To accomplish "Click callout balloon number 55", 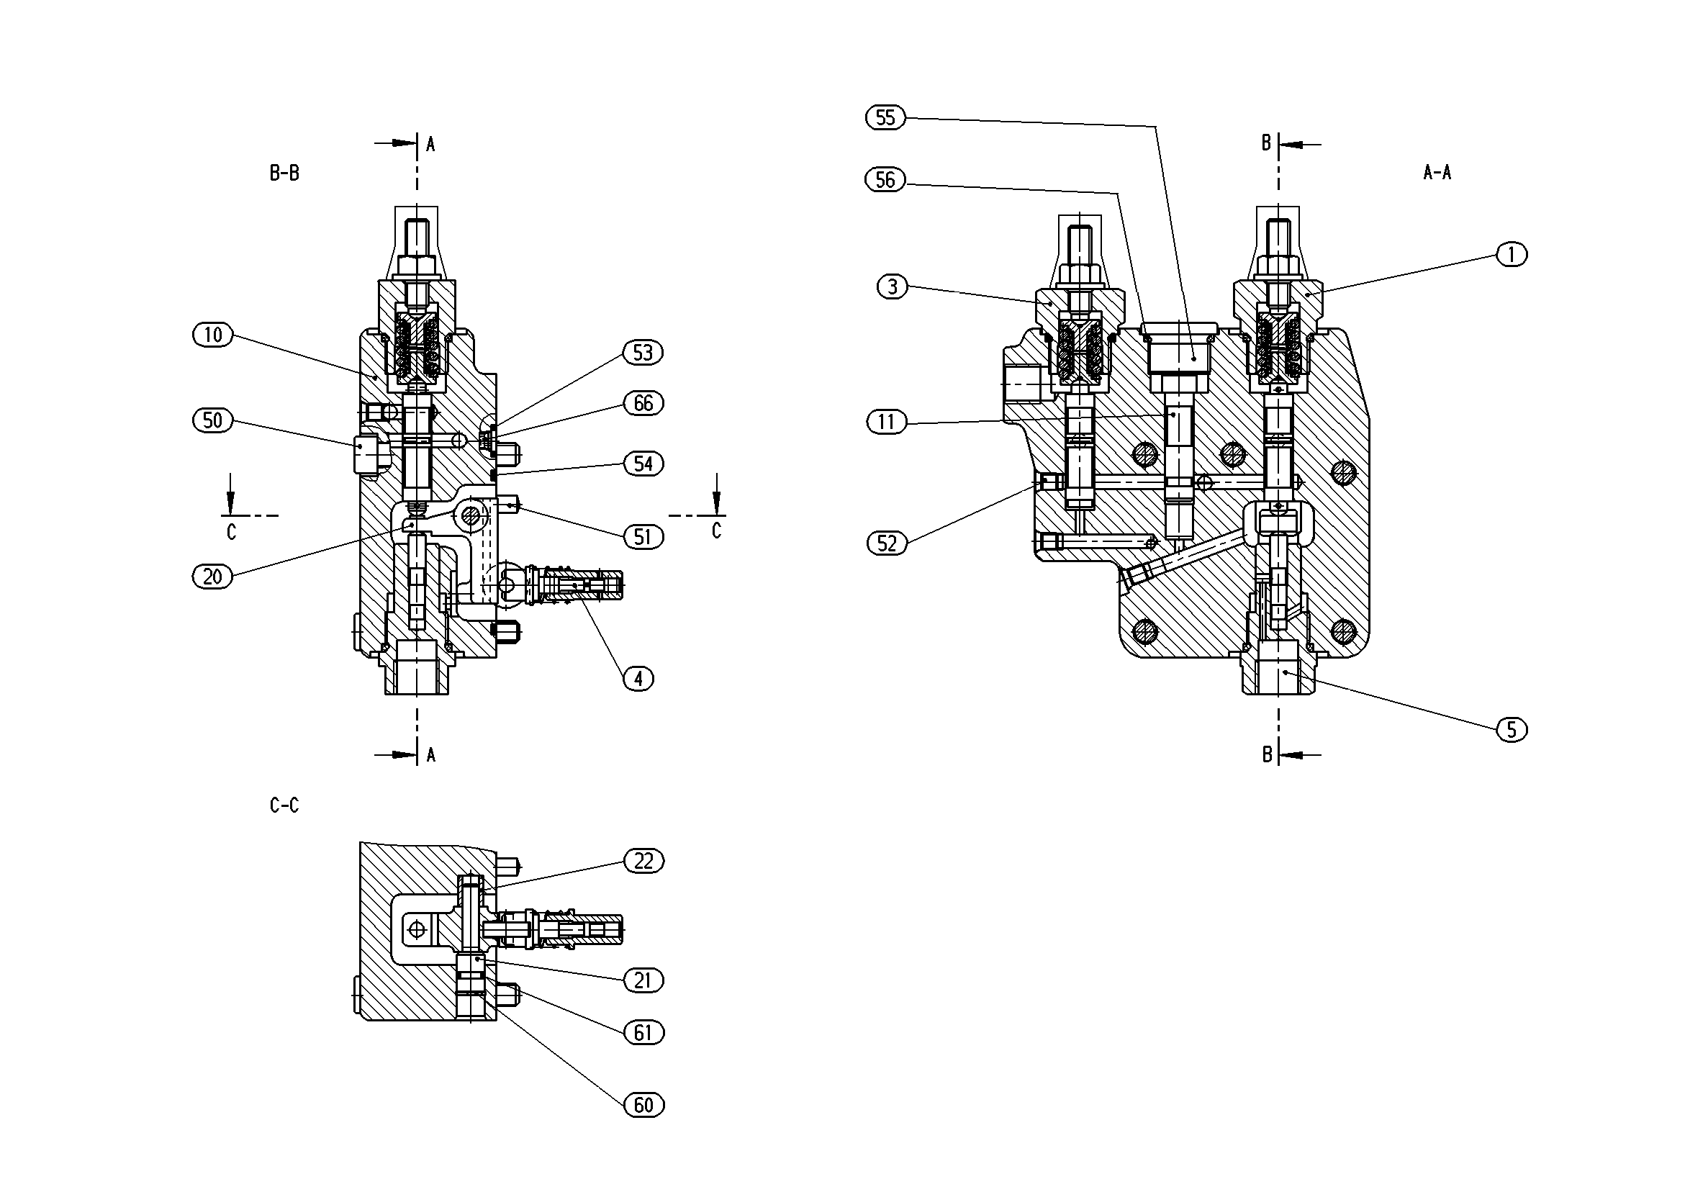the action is [x=886, y=117].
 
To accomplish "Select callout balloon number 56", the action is [x=886, y=180].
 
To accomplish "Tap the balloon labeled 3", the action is [x=893, y=286].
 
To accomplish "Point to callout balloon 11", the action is [x=887, y=422].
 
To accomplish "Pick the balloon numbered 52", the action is [x=887, y=543].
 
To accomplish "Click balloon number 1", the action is [x=1512, y=255].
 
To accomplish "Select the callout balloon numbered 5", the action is [x=1512, y=730].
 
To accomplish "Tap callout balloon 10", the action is [x=213, y=335].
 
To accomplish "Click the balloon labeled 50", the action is [x=213, y=420].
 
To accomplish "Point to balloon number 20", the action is [x=213, y=576].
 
